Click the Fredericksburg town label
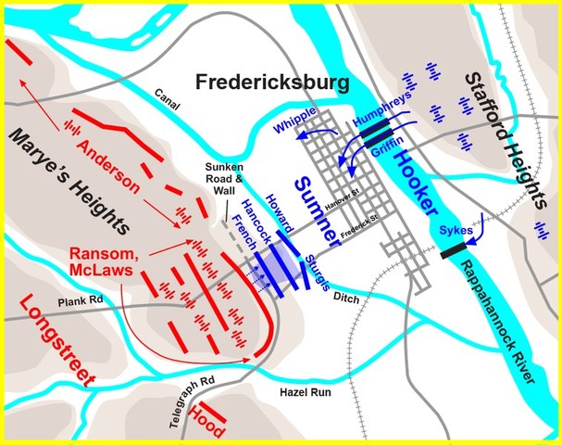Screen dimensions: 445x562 [x=272, y=83]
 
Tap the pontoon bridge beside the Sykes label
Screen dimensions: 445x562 [x=454, y=248]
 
